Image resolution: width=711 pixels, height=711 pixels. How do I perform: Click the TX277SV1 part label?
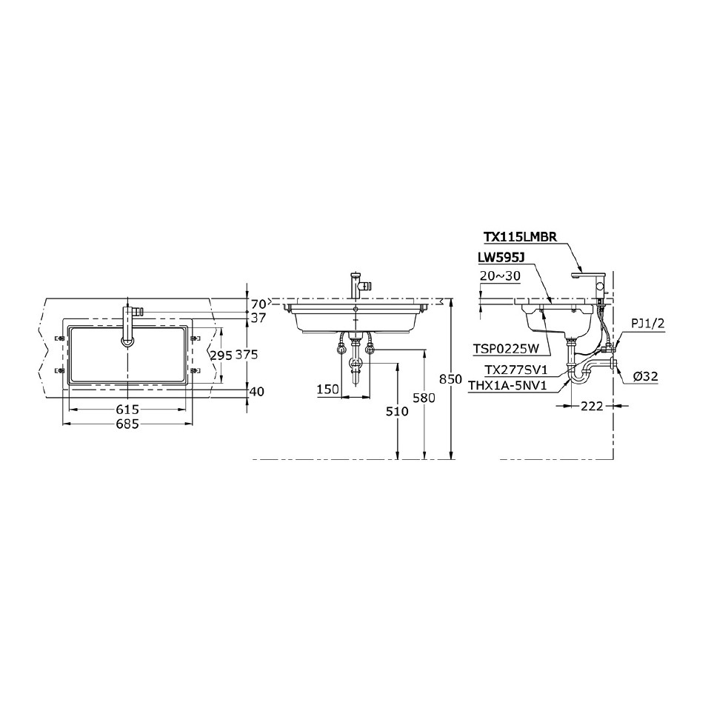[x=515, y=370]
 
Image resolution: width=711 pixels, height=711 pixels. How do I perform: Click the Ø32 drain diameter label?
[x=647, y=377]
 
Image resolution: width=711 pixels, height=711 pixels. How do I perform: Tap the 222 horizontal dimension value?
[x=592, y=406]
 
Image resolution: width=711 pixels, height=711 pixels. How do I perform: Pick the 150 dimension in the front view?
[x=330, y=389]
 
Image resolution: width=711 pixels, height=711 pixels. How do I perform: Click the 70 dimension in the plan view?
[x=258, y=304]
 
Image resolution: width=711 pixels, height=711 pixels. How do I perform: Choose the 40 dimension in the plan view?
[x=258, y=392]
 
